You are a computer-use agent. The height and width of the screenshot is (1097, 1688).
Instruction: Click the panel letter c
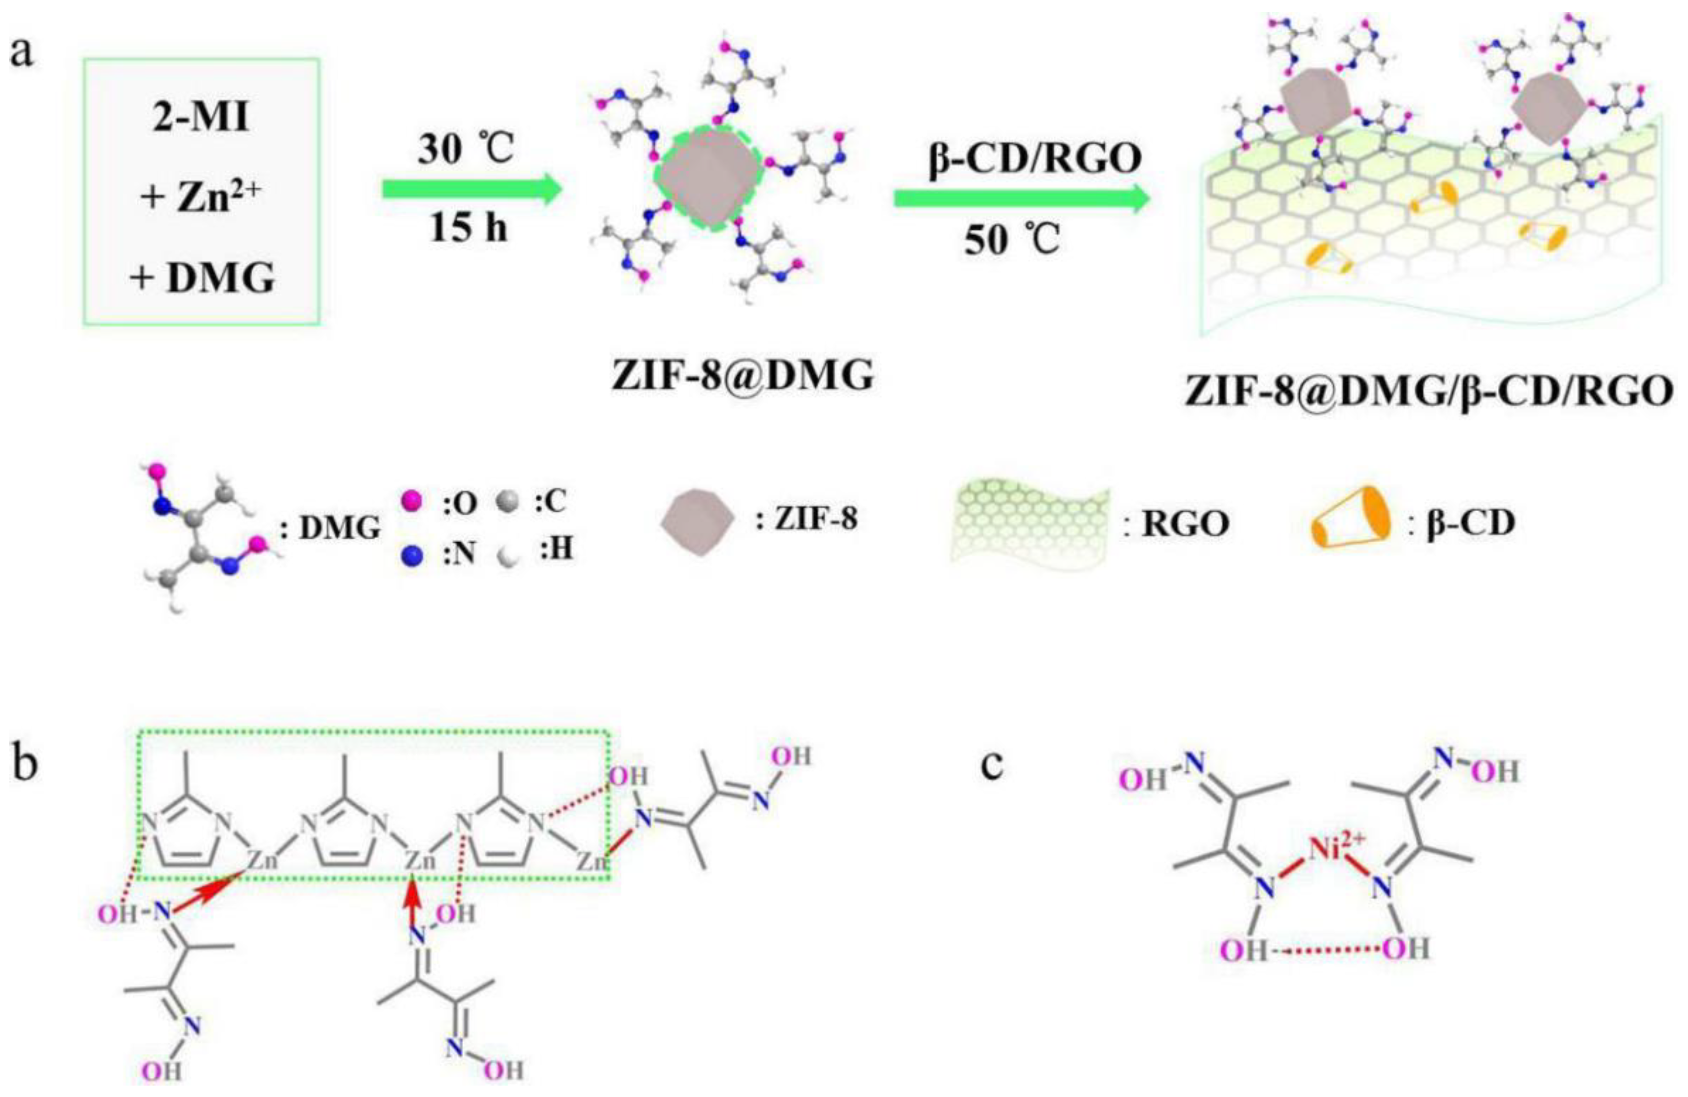click(x=991, y=764)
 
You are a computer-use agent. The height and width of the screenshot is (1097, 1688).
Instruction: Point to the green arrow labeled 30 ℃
click(x=472, y=190)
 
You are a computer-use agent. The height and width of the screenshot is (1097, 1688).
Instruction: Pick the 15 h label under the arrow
click(x=469, y=228)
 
